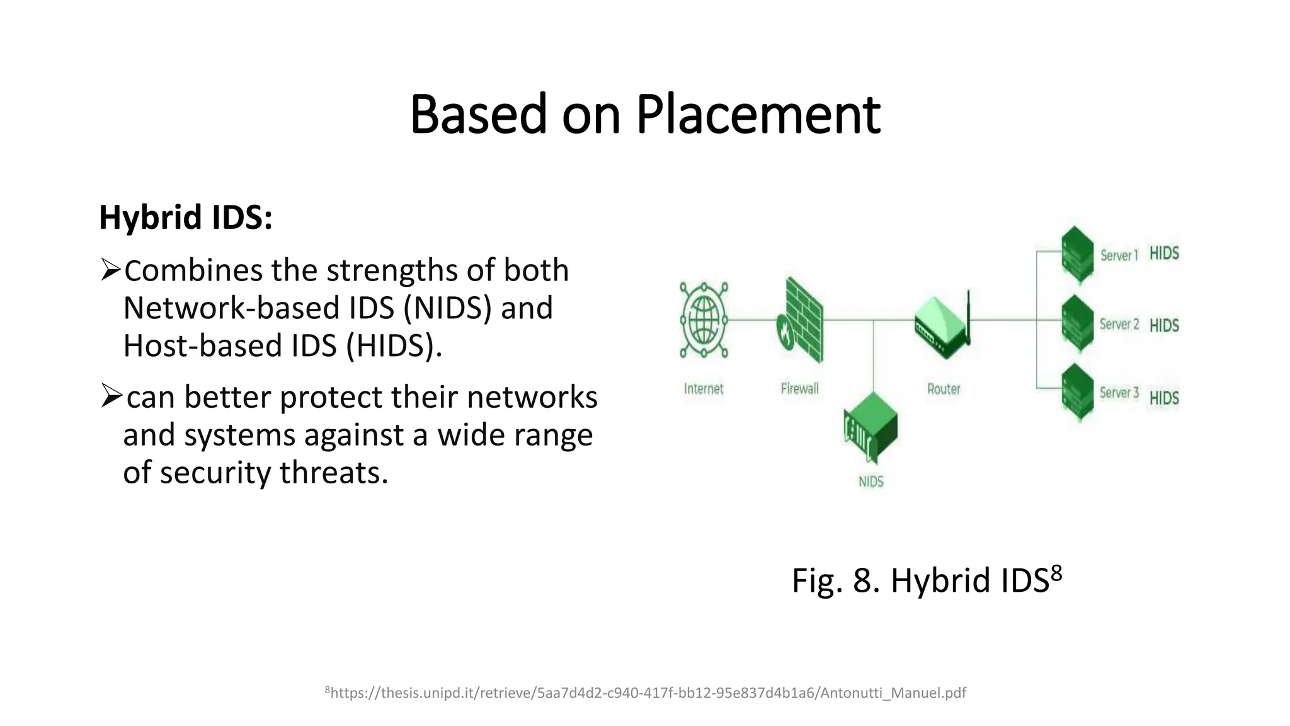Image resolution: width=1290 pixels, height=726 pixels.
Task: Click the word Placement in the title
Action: pyautogui.click(x=758, y=115)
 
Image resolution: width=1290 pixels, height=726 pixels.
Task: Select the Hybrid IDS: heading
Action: pyautogui.click(x=186, y=217)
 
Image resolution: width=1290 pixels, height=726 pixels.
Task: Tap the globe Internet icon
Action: pyautogui.click(x=704, y=320)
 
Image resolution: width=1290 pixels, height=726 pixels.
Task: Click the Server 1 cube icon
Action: pyautogui.click(x=1076, y=255)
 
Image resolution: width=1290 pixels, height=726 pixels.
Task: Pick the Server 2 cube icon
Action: pyautogui.click(x=1076, y=324)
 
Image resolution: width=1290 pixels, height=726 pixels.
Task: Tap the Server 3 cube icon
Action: pyautogui.click(x=1076, y=392)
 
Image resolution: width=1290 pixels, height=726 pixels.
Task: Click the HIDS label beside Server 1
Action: pyautogui.click(x=1164, y=253)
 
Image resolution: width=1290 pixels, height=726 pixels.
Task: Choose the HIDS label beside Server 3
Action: pyautogui.click(x=1164, y=398)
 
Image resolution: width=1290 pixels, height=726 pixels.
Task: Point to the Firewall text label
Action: pyautogui.click(x=799, y=389)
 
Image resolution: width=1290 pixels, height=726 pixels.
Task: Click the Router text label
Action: pyautogui.click(x=943, y=389)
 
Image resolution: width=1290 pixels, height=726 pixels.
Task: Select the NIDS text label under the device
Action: pyautogui.click(x=870, y=482)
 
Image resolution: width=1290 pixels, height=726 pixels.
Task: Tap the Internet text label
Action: pyautogui.click(x=704, y=389)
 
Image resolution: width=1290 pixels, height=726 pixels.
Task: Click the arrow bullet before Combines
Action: pyautogui.click(x=110, y=270)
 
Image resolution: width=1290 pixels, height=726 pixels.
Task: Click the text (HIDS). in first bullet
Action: pyautogui.click(x=394, y=346)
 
